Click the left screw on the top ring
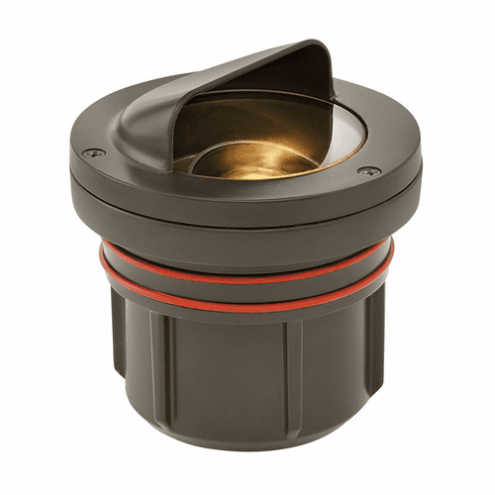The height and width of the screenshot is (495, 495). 92,152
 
